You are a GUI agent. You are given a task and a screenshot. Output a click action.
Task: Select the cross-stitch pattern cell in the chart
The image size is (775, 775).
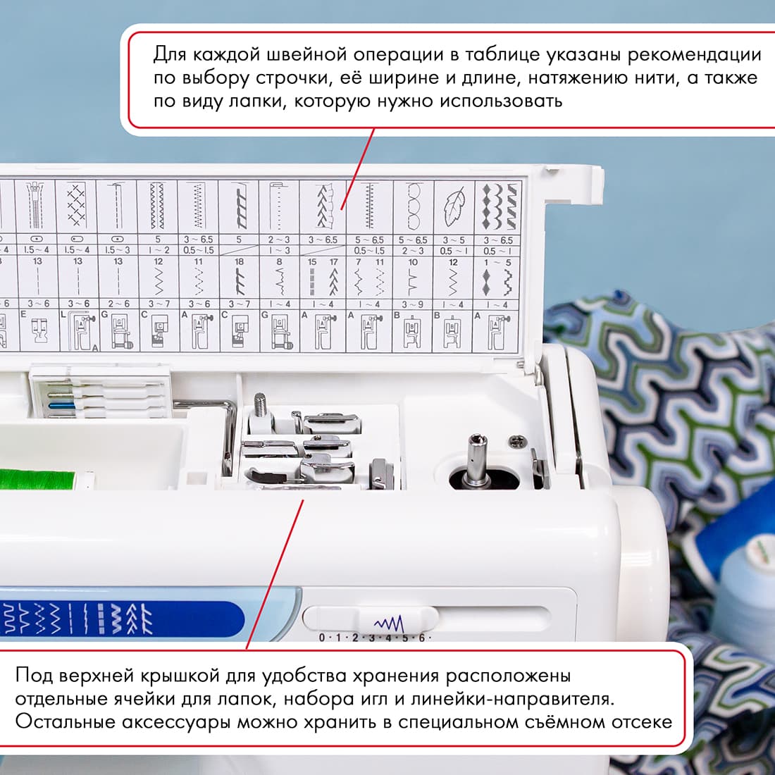[x=76, y=204]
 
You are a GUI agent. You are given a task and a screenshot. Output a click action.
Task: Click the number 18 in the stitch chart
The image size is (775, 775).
[x=239, y=261]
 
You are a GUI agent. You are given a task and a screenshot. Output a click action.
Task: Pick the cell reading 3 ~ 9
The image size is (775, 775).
[x=412, y=304]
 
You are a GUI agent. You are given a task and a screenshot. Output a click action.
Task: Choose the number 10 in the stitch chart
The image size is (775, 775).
[x=413, y=261]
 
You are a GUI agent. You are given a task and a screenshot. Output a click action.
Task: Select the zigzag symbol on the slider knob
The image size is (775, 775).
[x=388, y=624]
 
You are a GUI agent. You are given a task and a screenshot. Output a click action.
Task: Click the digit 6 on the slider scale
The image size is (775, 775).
[x=422, y=638]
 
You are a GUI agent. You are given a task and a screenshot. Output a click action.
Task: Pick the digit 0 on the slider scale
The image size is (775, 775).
[x=322, y=638]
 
